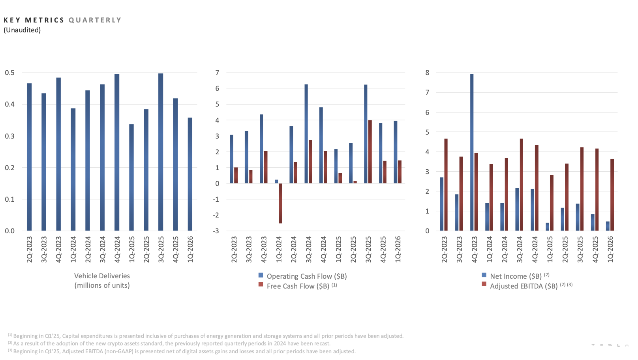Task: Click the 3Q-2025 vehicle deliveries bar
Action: click(x=161, y=152)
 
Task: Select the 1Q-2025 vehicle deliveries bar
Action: click(x=131, y=178)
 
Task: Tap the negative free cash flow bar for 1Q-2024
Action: click(x=280, y=203)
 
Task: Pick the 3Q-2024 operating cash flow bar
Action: click(x=306, y=134)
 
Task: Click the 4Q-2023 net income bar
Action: click(x=472, y=152)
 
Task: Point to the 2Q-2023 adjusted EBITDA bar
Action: click(x=446, y=185)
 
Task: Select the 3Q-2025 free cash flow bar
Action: click(x=370, y=152)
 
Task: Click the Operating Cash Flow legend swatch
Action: click(x=261, y=276)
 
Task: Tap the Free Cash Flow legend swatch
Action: click(x=261, y=285)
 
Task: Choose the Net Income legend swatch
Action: click(x=484, y=275)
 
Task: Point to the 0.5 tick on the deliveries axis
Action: click(x=10, y=73)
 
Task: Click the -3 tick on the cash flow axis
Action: click(x=216, y=231)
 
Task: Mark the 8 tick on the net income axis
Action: click(x=427, y=73)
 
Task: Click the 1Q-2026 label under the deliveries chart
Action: click(x=190, y=249)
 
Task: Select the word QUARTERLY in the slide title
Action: click(x=95, y=20)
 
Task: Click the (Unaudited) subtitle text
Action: click(x=22, y=30)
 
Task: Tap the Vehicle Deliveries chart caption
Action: click(x=102, y=281)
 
